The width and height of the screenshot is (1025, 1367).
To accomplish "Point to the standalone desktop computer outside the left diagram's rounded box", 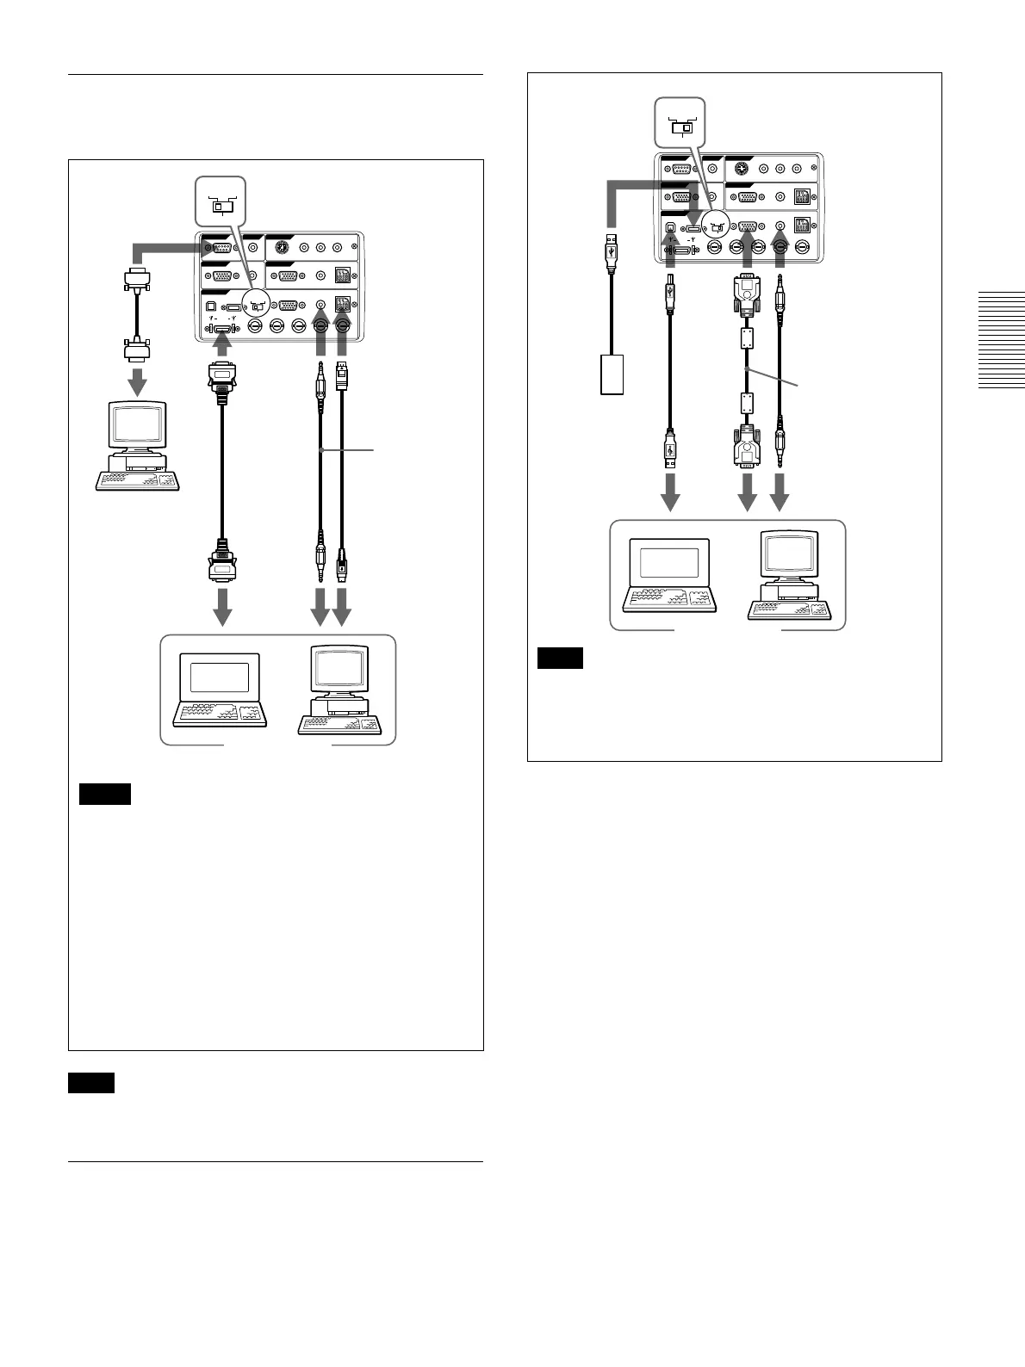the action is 138,445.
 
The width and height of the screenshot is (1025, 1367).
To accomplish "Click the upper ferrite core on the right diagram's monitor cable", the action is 747,337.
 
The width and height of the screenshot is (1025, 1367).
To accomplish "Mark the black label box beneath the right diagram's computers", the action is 560,659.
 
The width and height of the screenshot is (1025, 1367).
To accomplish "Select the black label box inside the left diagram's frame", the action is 104,794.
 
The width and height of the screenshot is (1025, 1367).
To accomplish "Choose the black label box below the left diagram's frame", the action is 91,1083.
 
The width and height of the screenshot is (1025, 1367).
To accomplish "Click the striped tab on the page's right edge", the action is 1001,341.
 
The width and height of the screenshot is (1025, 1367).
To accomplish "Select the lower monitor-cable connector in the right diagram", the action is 747,445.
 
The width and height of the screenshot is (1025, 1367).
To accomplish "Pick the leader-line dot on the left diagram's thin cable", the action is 320,449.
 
